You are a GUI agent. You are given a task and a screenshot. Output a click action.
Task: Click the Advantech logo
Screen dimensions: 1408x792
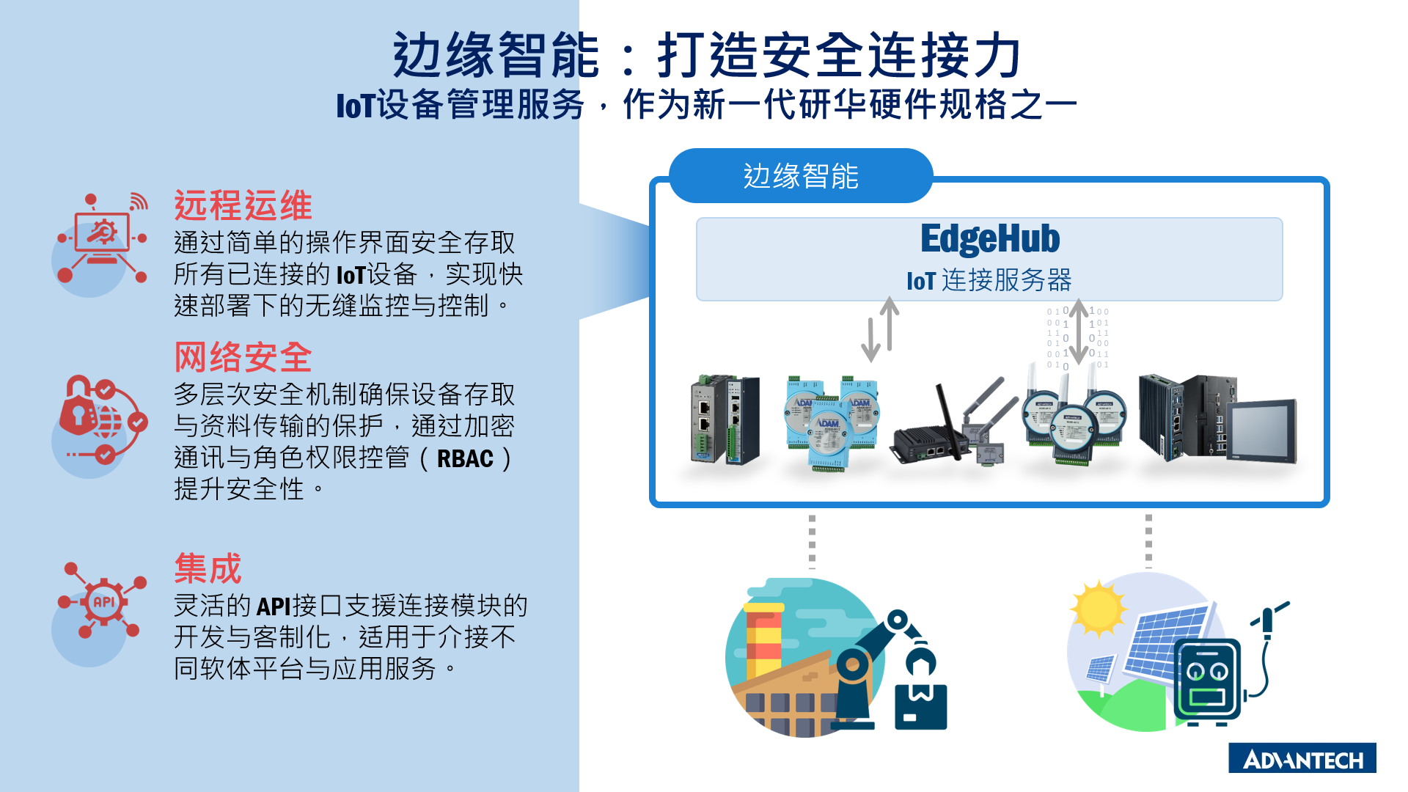point(1302,758)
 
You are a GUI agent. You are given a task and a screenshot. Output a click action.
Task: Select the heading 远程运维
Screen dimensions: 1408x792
point(243,205)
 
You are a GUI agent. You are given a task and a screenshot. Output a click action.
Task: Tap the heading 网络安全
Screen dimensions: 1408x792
point(243,357)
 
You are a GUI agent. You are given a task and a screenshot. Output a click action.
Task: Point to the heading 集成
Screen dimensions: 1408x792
point(208,568)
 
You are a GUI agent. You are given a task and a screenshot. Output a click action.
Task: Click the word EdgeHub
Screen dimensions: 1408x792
point(990,238)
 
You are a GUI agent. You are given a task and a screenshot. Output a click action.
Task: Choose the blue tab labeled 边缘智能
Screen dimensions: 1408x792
point(801,176)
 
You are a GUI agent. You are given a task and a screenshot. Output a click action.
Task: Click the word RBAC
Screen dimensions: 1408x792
point(465,458)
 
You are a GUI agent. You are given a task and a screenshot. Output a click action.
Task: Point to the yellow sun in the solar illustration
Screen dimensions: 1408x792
point(1098,608)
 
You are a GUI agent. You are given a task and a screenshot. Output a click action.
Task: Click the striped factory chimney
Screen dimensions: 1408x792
point(763,642)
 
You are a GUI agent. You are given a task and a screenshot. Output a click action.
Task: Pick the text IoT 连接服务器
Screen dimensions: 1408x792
point(989,280)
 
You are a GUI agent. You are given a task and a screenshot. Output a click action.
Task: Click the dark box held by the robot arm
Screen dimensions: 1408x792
point(921,707)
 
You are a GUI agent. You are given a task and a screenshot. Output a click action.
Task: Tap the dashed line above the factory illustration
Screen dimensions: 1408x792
point(812,541)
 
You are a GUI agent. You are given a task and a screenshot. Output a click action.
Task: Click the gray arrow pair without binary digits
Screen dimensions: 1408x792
point(880,329)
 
